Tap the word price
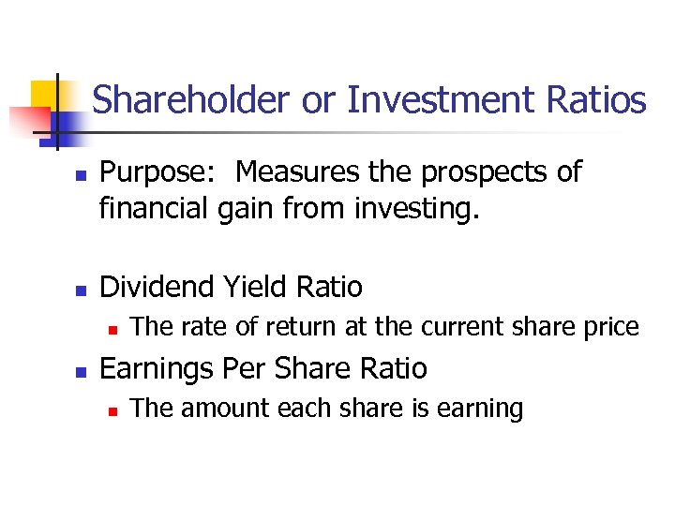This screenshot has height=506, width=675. [x=609, y=327]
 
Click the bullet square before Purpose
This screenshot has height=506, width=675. [x=80, y=175]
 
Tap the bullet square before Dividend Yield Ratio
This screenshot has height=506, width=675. [x=80, y=288]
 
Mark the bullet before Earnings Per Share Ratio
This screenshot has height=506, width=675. [x=80, y=370]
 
